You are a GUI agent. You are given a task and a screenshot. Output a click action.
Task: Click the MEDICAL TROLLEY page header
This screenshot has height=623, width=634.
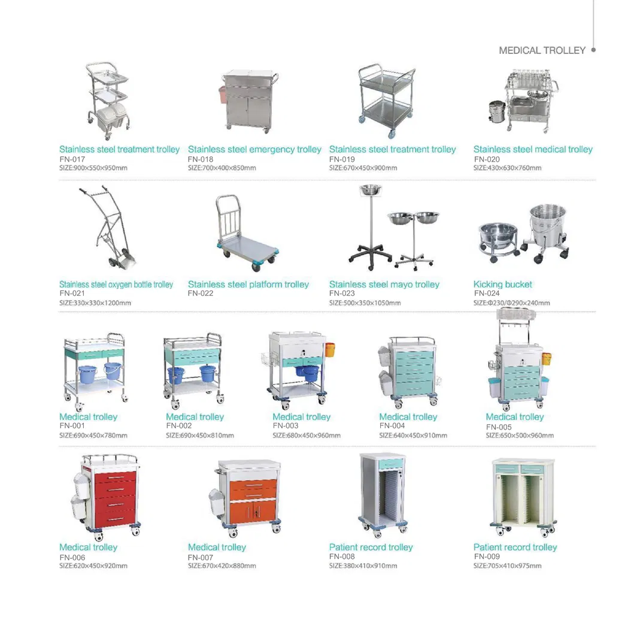click(x=542, y=51)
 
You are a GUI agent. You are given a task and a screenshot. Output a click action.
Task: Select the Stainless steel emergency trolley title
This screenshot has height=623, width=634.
click(x=254, y=149)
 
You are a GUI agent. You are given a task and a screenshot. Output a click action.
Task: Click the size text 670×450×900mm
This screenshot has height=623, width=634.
click(x=363, y=168)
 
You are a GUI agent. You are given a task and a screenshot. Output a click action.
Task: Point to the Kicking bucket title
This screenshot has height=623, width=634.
click(x=502, y=285)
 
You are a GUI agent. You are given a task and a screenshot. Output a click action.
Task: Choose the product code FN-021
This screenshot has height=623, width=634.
click(x=72, y=294)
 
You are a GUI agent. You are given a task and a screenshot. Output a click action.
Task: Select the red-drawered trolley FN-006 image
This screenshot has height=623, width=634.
click(x=107, y=494)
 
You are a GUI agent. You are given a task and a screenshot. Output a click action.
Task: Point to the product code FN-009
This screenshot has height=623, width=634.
click(x=487, y=557)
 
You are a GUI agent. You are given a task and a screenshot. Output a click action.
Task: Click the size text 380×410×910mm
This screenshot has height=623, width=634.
click(x=363, y=566)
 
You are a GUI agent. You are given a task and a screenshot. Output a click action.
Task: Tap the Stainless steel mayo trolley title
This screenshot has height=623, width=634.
click(x=384, y=285)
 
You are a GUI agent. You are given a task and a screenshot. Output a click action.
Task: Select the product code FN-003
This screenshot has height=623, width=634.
click(x=286, y=426)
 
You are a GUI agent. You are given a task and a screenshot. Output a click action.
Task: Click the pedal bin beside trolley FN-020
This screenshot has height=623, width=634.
click(x=497, y=113)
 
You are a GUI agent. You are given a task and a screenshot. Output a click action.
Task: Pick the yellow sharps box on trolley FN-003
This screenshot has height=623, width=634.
click(x=330, y=349)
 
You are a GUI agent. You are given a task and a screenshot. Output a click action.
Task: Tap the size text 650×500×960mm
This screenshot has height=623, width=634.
click(x=520, y=436)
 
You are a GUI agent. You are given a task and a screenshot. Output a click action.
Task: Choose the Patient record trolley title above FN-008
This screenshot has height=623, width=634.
click(x=371, y=547)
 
